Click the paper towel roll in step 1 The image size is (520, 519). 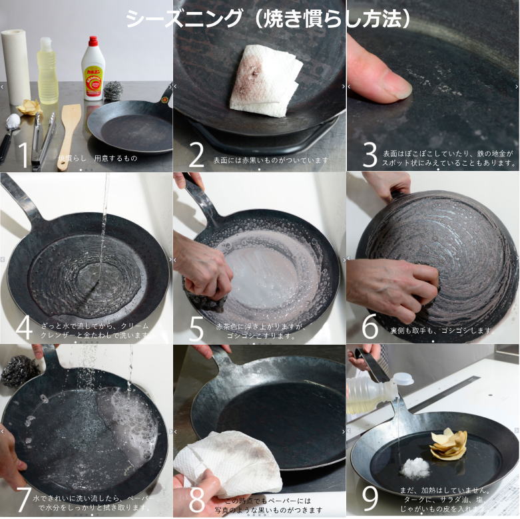coord(16,67)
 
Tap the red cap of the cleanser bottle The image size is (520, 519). coord(93,42)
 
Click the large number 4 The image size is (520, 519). coord(24,327)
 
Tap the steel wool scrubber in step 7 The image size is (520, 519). coord(20,371)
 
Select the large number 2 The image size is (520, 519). coord(196,154)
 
